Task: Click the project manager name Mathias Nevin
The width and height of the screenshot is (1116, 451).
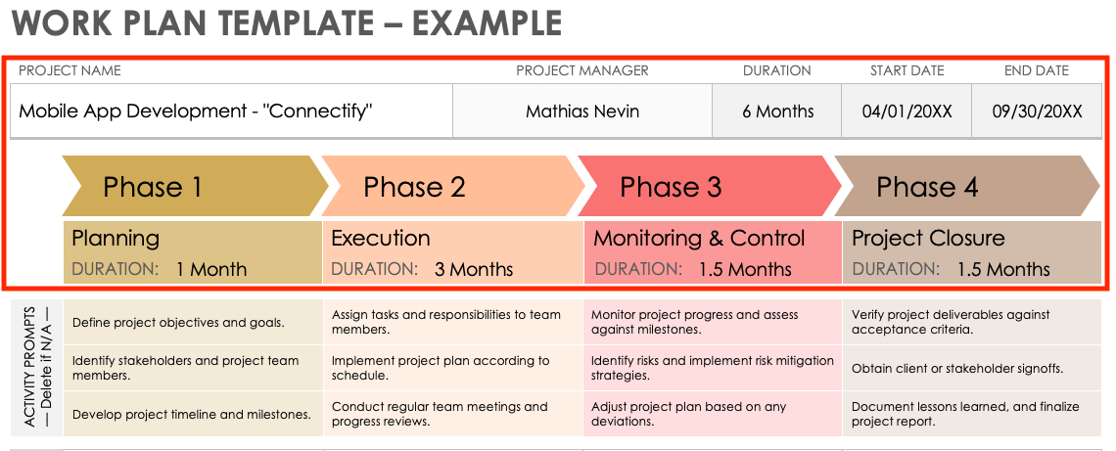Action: (x=582, y=112)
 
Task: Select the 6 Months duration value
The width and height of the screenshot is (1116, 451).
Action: (x=777, y=112)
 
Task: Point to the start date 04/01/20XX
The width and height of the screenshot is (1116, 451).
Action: (x=907, y=112)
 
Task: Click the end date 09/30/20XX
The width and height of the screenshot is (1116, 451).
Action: (x=1038, y=112)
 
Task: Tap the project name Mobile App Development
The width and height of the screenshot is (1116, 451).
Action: (x=196, y=111)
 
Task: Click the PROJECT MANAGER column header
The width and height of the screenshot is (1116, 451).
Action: (x=582, y=70)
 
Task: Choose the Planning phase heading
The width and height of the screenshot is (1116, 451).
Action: (x=116, y=238)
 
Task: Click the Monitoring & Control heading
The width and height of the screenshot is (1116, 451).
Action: (x=699, y=238)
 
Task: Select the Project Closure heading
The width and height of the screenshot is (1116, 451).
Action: (x=928, y=238)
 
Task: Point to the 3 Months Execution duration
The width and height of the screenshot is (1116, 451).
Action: (x=474, y=269)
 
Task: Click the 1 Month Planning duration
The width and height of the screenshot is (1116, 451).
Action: (x=211, y=269)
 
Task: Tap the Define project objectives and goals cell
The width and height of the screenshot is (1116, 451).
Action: (x=178, y=322)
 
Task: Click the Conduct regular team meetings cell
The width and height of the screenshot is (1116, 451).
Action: (x=440, y=414)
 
